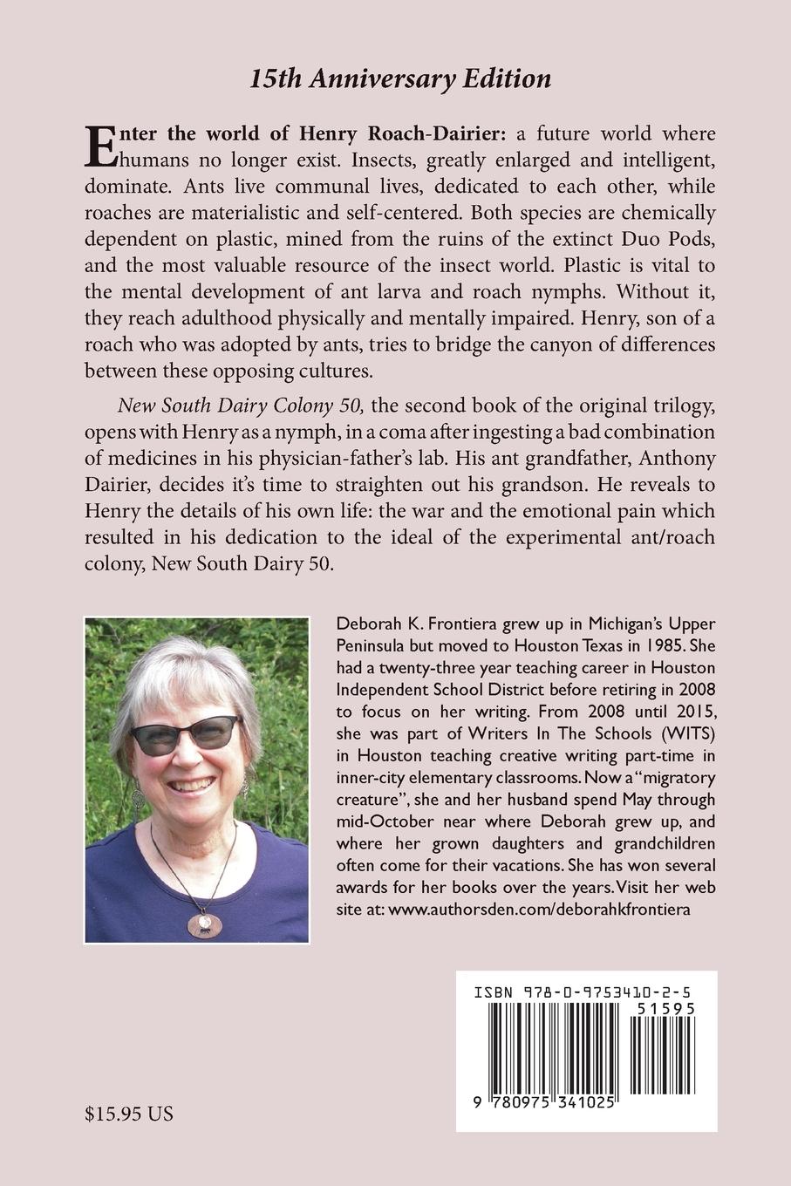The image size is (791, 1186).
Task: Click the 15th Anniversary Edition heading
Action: pos(400,79)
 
